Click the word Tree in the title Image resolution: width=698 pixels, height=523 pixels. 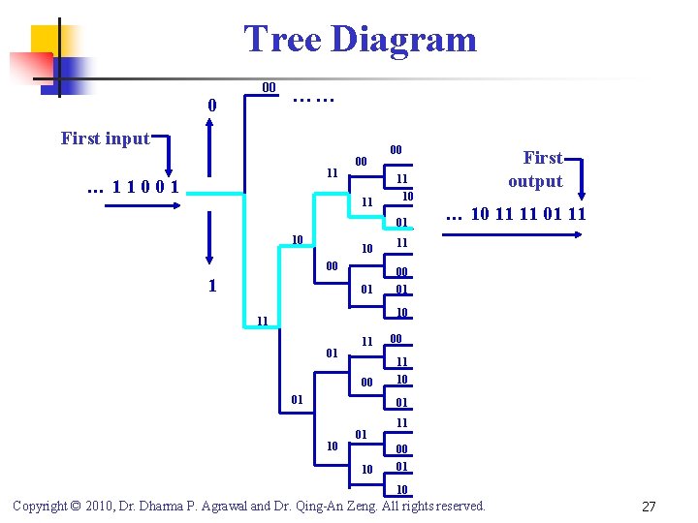[x=282, y=40]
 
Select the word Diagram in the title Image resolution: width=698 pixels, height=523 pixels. [x=402, y=40]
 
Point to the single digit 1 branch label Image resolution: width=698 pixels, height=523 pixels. [x=212, y=286]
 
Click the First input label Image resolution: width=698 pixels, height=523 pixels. [x=106, y=138]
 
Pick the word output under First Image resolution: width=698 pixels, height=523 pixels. [x=535, y=181]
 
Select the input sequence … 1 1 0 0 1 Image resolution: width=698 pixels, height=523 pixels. [x=133, y=187]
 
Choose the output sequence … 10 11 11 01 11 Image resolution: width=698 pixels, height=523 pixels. [x=516, y=214]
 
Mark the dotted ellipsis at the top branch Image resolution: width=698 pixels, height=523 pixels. [x=313, y=97]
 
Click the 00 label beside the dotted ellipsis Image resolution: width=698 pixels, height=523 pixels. [x=270, y=88]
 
